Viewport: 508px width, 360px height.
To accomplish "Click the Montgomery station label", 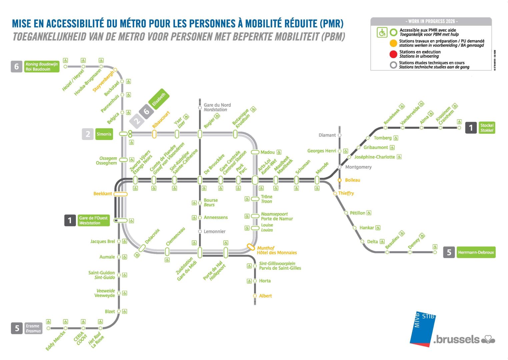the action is point(358,167).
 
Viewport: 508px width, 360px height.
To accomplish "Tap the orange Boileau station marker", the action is point(339,180).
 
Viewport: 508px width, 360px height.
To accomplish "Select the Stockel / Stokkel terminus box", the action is point(487,128).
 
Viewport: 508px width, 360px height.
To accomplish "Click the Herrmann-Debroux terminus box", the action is point(476,252).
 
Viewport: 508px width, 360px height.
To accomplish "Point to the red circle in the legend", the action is point(393,54).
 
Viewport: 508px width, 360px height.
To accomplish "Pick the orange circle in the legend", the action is point(393,43).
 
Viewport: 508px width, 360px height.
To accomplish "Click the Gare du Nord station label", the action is point(217,107).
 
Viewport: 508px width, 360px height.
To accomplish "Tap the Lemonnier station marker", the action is point(200,232).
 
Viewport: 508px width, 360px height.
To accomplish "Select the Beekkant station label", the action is point(103,193).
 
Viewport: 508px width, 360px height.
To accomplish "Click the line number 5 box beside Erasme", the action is point(17,328).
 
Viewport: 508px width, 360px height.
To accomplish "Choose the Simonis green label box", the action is point(104,134).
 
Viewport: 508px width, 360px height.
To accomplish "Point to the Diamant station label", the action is point(327,135).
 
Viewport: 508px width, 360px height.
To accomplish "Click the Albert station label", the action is point(265,296).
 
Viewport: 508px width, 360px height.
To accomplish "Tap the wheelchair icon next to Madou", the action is point(279,152).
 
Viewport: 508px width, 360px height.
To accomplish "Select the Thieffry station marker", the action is point(335,193).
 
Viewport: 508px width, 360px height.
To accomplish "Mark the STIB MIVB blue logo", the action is point(423,329).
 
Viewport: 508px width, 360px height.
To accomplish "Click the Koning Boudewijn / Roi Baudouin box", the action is point(42,66).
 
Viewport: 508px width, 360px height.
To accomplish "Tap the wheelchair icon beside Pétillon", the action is point(369,213).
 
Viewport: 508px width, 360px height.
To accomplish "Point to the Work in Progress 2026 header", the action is point(431,22).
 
